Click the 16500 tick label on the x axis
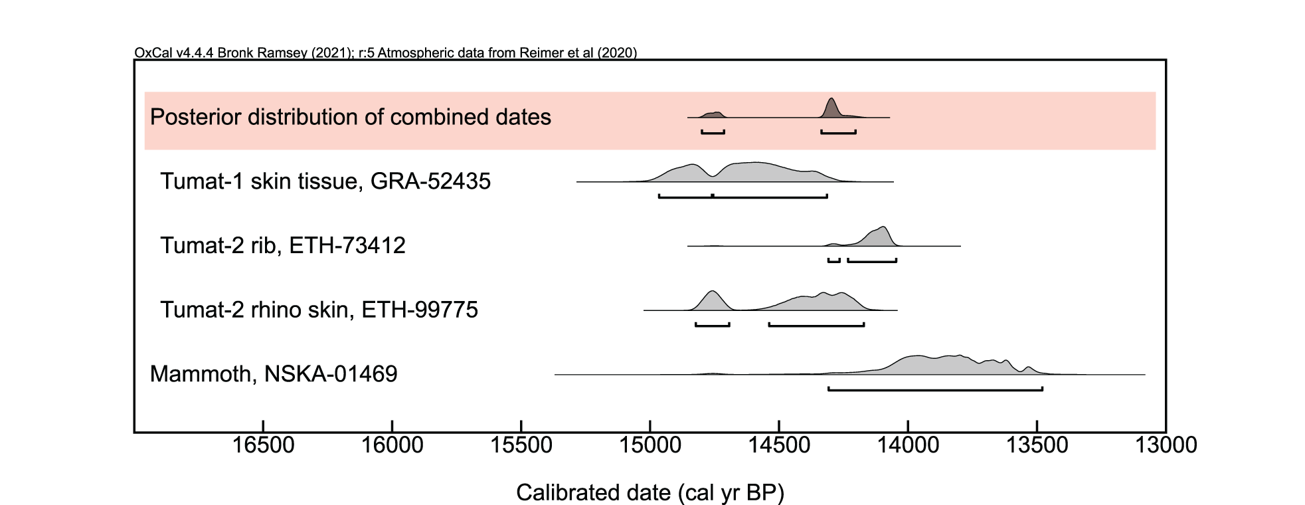[263, 445]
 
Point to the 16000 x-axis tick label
[392, 445]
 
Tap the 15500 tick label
[521, 445]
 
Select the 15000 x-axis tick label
[650, 445]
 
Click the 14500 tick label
[779, 445]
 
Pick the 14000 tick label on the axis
[908, 445]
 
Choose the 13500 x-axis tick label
[1037, 445]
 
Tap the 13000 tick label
[1166, 445]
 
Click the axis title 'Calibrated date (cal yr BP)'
[650, 492]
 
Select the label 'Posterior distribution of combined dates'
[351, 117]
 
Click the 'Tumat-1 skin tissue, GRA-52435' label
[325, 181]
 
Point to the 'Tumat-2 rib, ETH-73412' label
[283, 245]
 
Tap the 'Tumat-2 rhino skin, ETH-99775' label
[319, 310]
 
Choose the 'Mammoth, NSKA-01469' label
[274, 373]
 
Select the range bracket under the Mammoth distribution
[935, 389]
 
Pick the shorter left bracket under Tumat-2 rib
[834, 261]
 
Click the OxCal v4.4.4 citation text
[385, 52]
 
